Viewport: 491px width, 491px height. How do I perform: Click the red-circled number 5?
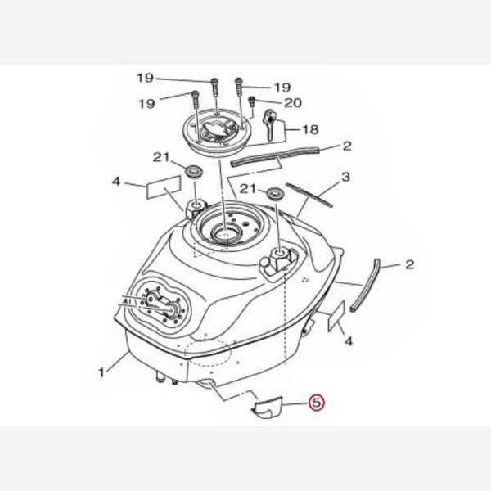click(317, 403)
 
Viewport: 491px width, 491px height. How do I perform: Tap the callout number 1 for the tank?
click(101, 372)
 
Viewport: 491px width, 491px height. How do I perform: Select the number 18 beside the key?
click(310, 129)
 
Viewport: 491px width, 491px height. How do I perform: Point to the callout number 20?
click(292, 103)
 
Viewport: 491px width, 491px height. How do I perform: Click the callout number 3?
click(345, 177)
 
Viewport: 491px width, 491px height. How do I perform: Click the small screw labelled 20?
click(251, 102)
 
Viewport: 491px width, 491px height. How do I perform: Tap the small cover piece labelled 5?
click(267, 407)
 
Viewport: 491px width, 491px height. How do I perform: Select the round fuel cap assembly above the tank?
click(216, 130)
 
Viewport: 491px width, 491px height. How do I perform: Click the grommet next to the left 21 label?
click(192, 172)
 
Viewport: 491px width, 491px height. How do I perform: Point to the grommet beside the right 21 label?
click(275, 192)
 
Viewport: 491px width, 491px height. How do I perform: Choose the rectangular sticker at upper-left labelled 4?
click(164, 187)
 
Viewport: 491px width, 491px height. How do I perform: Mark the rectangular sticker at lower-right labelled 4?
click(336, 316)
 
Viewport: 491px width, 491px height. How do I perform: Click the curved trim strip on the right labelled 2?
click(365, 284)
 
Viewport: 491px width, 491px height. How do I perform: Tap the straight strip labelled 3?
click(309, 195)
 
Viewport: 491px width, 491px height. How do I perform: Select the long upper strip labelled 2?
click(275, 156)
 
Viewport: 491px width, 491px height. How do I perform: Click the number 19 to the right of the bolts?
click(283, 88)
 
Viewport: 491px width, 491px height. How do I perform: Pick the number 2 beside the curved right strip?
click(410, 264)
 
